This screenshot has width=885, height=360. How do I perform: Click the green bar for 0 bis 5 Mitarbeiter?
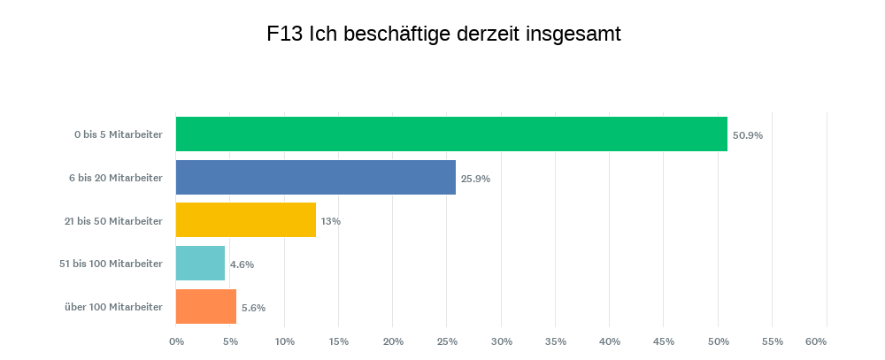click(x=451, y=134)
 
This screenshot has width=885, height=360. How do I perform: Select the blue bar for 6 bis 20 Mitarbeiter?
click(x=316, y=178)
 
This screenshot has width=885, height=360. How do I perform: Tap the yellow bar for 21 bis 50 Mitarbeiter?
click(x=246, y=220)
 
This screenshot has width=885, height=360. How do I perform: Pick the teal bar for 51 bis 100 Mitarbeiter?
click(x=201, y=264)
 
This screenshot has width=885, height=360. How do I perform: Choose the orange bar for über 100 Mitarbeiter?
click(x=206, y=307)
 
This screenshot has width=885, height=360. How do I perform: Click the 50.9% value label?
click(x=748, y=136)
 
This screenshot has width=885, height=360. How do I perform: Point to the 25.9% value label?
click(x=475, y=179)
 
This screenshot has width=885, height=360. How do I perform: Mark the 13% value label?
click(x=331, y=221)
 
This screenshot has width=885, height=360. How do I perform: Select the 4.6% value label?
click(x=242, y=264)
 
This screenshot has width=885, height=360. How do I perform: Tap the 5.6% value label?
click(x=253, y=308)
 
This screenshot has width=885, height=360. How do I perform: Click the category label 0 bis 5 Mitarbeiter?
click(x=119, y=135)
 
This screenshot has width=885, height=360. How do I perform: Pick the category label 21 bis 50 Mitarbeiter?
click(x=113, y=221)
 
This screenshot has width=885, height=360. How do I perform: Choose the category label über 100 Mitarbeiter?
click(x=113, y=307)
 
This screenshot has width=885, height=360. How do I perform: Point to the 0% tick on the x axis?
click(x=176, y=341)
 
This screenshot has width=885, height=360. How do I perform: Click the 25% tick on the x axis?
click(x=447, y=341)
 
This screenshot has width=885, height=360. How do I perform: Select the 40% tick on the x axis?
click(x=610, y=341)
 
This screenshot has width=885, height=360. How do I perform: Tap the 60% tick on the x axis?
click(x=816, y=341)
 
